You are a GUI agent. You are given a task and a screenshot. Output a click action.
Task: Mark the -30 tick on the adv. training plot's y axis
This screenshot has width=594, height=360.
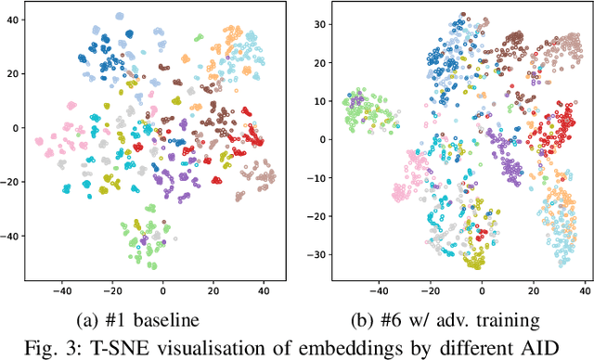coord(314,254)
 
